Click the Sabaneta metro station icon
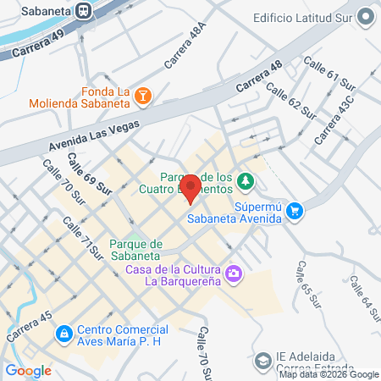click(x=84, y=10)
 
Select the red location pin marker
click(x=192, y=187)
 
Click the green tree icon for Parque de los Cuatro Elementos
click(x=245, y=180)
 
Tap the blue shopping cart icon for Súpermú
click(x=294, y=210)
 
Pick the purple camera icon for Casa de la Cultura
click(x=234, y=273)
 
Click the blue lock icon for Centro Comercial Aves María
click(x=63, y=335)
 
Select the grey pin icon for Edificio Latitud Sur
click(x=365, y=16)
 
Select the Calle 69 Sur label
click(x=90, y=174)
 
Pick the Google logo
click(x=28, y=370)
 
